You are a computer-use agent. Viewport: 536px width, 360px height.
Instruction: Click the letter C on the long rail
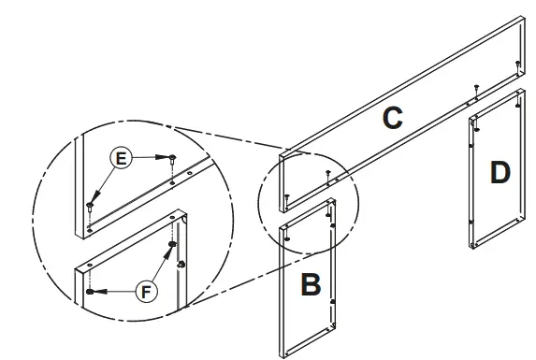[393, 119]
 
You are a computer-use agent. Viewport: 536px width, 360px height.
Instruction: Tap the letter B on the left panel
[310, 284]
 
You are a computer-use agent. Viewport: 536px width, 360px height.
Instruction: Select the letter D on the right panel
[500, 173]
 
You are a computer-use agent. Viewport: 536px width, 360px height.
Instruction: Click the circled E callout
[119, 160]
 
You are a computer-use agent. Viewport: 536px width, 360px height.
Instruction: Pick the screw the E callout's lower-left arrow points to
[89, 203]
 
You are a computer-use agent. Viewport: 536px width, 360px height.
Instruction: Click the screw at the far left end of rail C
[285, 195]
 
